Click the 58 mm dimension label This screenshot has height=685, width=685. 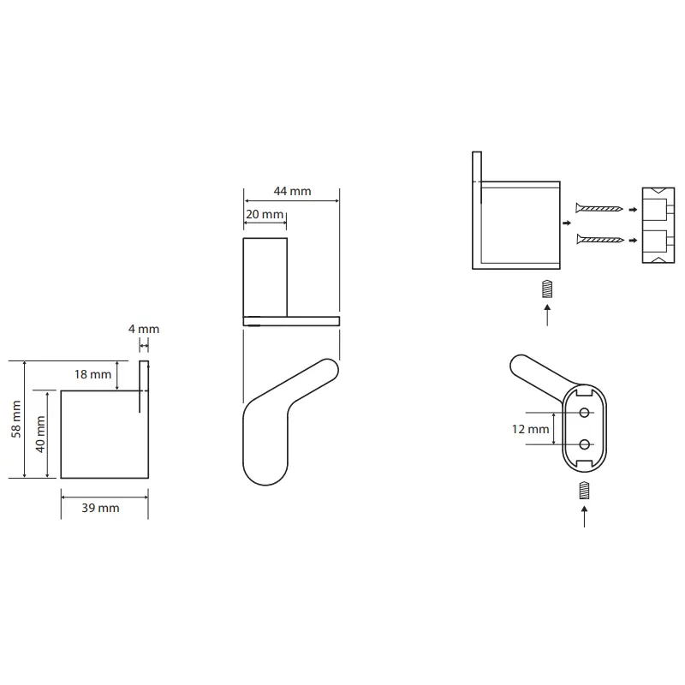coord(15,419)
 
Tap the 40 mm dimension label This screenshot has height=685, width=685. coord(40,434)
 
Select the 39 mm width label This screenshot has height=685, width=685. coord(100,508)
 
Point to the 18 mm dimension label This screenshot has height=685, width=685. coord(92,374)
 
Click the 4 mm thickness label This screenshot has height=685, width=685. coord(144,329)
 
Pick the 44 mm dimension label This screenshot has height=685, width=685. coord(292,191)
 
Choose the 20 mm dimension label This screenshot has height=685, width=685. coord(265,214)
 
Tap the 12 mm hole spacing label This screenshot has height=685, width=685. coord(530,429)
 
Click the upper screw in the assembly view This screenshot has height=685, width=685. coord(599,208)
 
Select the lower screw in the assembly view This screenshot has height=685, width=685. coord(600,239)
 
